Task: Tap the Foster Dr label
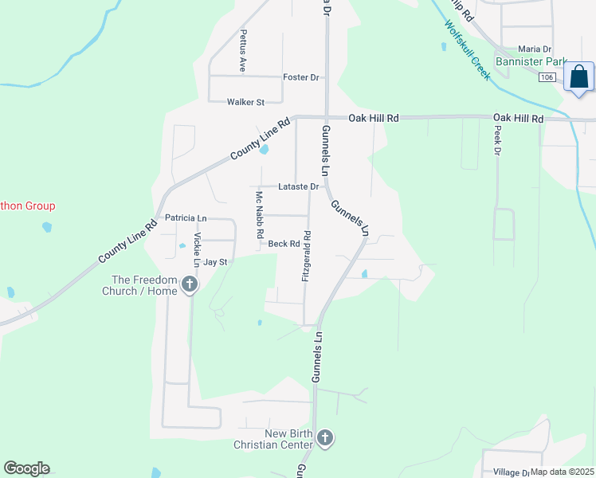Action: tap(301, 77)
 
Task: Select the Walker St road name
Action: tap(245, 102)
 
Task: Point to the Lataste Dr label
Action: tap(299, 187)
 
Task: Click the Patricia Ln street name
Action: tap(186, 217)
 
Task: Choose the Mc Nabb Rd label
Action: tap(259, 215)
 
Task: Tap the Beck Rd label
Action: tap(283, 244)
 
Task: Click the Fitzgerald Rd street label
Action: tap(306, 256)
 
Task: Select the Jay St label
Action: tap(215, 262)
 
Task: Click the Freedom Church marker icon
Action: tap(190, 284)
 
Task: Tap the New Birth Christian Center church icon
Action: tap(324, 437)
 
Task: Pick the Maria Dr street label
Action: tap(535, 49)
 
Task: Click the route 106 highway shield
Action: tap(547, 77)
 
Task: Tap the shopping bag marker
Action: tap(578, 78)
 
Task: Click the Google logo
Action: tap(26, 468)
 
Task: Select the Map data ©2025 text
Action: tap(561, 472)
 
